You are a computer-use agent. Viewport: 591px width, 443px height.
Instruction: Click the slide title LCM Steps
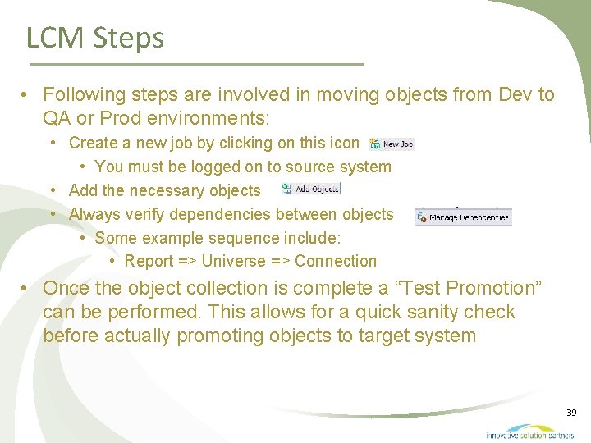[94, 38]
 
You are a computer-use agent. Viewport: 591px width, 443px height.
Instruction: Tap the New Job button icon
[392, 144]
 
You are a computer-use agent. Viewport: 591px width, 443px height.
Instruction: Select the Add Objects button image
[310, 189]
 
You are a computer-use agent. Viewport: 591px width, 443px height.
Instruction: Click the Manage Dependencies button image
[463, 217]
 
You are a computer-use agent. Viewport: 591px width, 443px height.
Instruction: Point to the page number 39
[571, 412]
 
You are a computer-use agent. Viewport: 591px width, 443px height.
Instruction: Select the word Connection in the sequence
[336, 262]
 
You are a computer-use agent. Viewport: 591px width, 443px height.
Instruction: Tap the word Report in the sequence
[149, 262]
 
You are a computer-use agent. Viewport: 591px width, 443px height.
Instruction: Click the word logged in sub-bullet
[218, 167]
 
